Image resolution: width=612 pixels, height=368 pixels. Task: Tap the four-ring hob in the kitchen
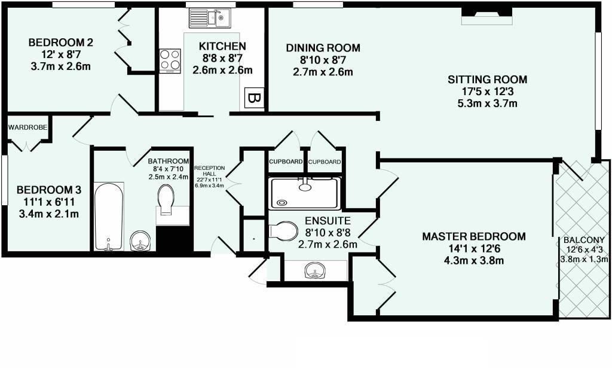pyautogui.click(x=170, y=60)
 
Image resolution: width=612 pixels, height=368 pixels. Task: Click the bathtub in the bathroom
pyautogui.click(x=109, y=216)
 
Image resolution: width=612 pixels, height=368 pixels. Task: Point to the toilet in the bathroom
pyautogui.click(x=166, y=199)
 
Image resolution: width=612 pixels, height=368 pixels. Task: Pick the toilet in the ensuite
pyautogui.click(x=283, y=230)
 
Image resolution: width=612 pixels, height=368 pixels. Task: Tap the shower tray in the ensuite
pyautogui.click(x=305, y=193)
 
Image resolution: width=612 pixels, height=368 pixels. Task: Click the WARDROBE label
pyautogui.click(x=27, y=127)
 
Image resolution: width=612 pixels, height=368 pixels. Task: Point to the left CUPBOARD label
pyautogui.click(x=286, y=162)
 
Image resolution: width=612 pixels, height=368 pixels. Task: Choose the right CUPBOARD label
pyautogui.click(x=325, y=162)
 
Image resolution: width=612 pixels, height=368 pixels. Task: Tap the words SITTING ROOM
pyautogui.click(x=487, y=79)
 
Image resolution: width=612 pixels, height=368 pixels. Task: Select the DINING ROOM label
pyautogui.click(x=323, y=48)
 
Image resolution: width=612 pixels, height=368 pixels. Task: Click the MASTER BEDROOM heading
pyautogui.click(x=474, y=236)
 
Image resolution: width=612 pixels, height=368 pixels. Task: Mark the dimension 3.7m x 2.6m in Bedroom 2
pyautogui.click(x=60, y=66)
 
